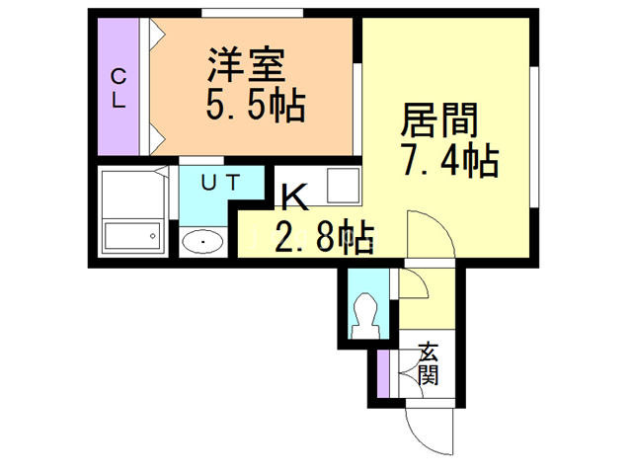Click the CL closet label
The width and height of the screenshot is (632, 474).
pos(118,88)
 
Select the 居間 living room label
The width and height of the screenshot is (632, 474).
pos(439,120)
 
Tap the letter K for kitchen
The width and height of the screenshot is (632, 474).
pos(292,199)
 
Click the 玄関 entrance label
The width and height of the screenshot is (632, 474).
pos(428,363)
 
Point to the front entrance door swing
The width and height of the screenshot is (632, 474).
pos(430,427)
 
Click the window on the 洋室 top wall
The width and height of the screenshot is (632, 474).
pos(252,13)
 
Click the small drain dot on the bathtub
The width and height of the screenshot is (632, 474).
pos(152,234)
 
